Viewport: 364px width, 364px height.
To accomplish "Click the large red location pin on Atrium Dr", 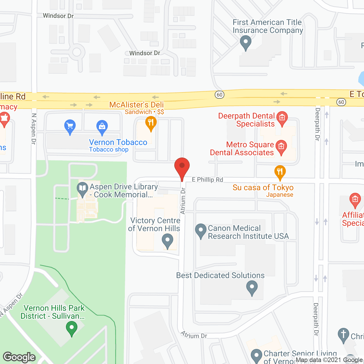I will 182,167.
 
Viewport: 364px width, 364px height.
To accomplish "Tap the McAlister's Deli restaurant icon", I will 151,123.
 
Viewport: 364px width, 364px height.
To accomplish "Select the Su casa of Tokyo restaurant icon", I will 280,171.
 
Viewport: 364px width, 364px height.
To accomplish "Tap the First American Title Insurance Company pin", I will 245,42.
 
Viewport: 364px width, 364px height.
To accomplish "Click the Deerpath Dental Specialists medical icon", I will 282,118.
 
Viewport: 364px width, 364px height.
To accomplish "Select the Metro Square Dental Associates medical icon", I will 281,147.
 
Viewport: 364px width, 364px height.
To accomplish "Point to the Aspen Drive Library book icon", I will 82,189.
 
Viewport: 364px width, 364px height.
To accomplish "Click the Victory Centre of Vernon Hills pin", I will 167,240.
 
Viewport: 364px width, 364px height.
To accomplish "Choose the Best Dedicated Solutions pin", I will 252,287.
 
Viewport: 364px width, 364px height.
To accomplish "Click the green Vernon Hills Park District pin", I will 72,328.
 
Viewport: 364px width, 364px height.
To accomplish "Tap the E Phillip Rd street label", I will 207,179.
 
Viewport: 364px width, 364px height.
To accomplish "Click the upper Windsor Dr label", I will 58,16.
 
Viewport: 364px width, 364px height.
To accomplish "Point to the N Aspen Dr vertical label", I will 34,129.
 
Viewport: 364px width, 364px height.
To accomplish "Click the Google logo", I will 19,357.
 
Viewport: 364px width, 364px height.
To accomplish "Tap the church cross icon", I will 343,334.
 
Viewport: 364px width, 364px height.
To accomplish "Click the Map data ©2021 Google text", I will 329,360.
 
